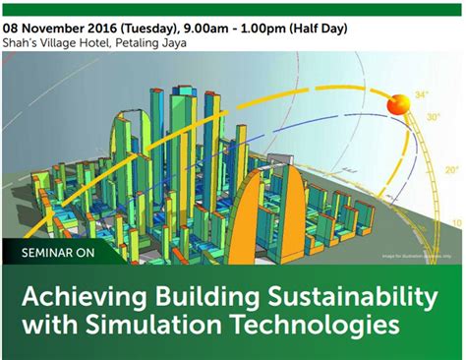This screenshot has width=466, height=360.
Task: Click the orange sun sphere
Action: (397, 103)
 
